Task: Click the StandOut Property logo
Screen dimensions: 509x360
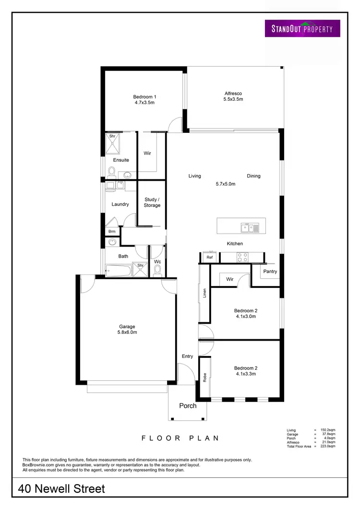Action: [302, 28]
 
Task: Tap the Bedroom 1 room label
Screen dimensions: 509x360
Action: [144, 99]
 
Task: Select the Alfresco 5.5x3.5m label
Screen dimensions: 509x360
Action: [233, 96]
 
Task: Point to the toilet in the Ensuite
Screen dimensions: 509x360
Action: [111, 171]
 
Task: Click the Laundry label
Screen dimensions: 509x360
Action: [120, 204]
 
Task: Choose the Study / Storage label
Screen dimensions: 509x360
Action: [152, 202]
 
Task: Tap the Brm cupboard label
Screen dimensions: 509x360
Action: [112, 231]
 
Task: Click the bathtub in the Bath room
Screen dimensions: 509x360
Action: [118, 271]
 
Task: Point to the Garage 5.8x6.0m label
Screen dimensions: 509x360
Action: [127, 330]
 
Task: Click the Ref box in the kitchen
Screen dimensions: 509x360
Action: [209, 258]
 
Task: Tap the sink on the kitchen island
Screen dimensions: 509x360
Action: [250, 227]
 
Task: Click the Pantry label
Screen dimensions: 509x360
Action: [270, 271]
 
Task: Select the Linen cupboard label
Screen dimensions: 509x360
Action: [204, 293]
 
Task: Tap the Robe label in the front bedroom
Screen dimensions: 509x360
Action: [205, 377]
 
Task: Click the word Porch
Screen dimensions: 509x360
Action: [188, 405]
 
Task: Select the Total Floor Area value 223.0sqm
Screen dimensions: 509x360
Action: [328, 446]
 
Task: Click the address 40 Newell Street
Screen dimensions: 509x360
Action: [61, 489]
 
